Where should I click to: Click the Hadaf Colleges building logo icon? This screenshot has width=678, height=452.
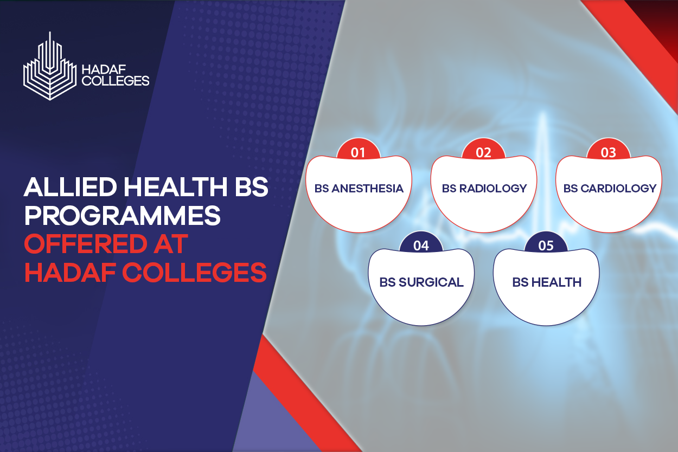tap(50, 66)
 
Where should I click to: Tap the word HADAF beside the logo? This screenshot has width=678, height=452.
tap(104, 69)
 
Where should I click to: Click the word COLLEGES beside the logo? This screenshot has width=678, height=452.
tap(116, 81)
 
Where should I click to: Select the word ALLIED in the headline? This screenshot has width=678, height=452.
tap(70, 187)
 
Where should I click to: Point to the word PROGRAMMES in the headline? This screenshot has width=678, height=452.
tap(122, 215)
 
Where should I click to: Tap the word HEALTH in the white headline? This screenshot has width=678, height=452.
tap(175, 187)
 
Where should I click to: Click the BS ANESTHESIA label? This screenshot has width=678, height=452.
tap(359, 189)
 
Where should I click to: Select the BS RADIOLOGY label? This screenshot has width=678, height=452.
tap(484, 189)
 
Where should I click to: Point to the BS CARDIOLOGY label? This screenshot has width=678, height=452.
tap(610, 189)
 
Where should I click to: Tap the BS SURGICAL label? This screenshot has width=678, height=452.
tap(421, 282)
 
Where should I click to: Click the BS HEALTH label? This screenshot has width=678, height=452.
tap(547, 282)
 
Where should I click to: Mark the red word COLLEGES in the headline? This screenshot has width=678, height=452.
tap(194, 272)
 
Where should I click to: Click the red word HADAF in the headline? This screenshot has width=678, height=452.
tap(70, 272)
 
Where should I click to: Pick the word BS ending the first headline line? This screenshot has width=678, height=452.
tap(252, 187)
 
